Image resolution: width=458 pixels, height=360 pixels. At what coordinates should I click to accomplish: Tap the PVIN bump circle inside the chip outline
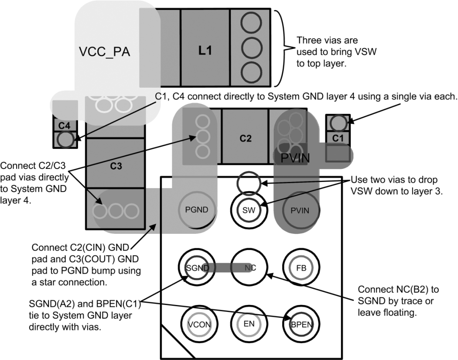(x=300, y=210)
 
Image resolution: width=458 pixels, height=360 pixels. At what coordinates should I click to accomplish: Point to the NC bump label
(x=250, y=268)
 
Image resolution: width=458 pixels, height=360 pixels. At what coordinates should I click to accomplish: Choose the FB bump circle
(x=301, y=268)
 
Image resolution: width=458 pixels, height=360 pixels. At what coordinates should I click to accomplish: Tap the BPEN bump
(x=301, y=324)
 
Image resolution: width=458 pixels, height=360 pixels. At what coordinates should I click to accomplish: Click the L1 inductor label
(x=205, y=51)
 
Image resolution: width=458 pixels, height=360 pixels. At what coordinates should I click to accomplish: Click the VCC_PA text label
(x=105, y=51)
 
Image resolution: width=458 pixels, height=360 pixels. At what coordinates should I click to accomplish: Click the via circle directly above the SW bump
(x=249, y=182)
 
